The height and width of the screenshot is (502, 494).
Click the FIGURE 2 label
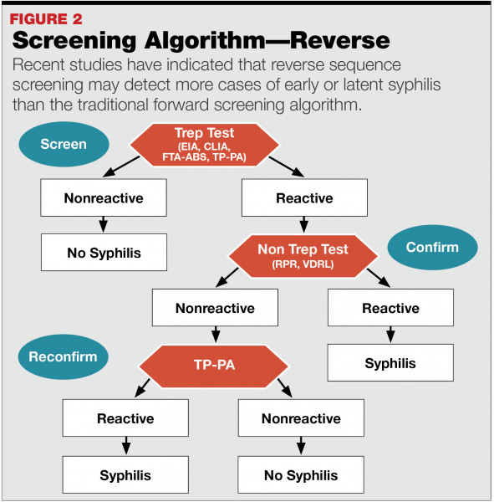point(46,19)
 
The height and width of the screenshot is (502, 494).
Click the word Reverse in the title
point(340,40)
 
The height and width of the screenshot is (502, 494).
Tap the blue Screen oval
point(64,144)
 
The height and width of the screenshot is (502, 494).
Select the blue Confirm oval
point(433,247)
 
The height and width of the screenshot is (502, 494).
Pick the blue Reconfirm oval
point(63,357)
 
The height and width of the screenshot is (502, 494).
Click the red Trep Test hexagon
point(205,145)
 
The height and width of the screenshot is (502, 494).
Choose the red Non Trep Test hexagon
point(303,256)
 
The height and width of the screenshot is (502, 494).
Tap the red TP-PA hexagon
point(214,366)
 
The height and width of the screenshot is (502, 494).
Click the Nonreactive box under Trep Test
point(104,197)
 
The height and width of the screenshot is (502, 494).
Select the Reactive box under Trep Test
point(304,197)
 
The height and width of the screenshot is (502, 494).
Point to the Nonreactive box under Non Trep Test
point(215,308)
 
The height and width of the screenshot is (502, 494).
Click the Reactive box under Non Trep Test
point(390,308)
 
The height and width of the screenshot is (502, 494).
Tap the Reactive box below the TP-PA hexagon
point(125,417)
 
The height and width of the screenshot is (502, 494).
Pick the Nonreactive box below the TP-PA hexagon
point(301,417)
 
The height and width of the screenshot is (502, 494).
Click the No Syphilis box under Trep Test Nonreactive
point(104,253)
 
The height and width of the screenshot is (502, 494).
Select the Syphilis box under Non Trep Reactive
point(390,363)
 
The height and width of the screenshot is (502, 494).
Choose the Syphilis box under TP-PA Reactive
point(125,474)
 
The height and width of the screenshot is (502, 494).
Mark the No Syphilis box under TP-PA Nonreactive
point(301,474)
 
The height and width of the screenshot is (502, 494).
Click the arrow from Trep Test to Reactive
point(287,166)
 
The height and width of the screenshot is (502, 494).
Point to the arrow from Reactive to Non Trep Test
point(304,224)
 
